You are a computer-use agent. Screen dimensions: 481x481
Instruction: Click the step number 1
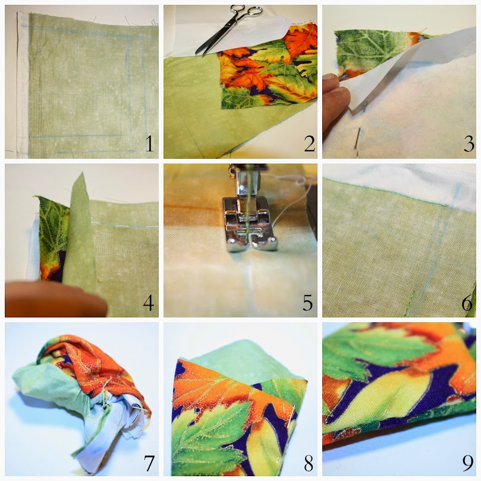150,144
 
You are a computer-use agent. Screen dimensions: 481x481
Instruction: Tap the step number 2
309,144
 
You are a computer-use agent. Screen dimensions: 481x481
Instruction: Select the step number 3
469,144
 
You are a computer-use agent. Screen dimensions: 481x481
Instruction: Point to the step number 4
149,303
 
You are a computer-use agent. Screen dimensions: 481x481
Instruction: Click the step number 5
308,303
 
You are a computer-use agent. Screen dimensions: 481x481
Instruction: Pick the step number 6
467,303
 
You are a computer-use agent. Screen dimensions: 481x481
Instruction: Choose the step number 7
149,463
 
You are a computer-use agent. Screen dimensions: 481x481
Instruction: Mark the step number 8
308,463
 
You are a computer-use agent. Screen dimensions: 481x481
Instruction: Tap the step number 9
468,463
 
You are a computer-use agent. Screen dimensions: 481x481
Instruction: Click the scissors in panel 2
229,28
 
